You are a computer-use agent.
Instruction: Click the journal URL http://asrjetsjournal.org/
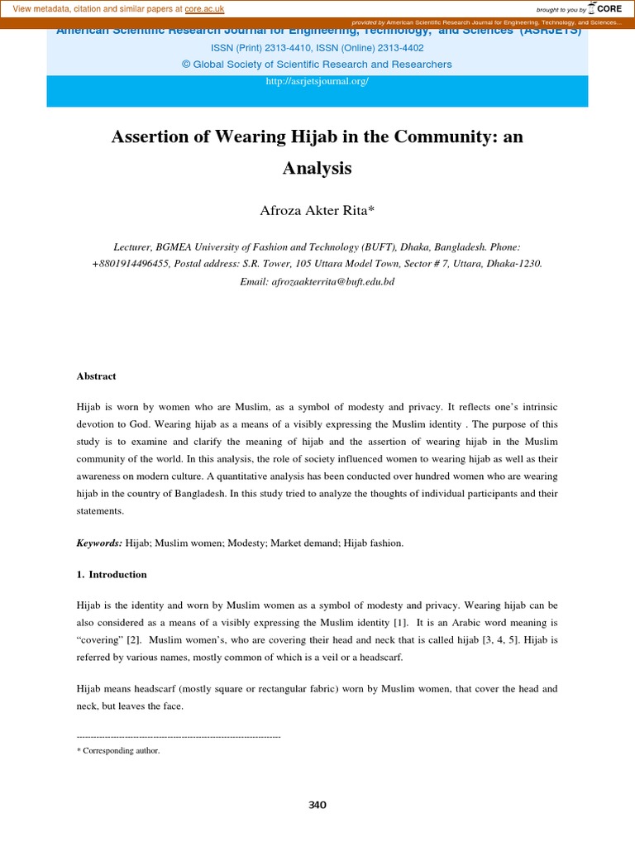(x=317, y=81)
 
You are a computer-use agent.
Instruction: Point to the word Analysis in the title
(x=317, y=169)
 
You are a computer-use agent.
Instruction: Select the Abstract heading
(x=96, y=376)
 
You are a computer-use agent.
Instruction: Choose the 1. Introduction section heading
(x=112, y=574)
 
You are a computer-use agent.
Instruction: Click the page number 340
(x=317, y=805)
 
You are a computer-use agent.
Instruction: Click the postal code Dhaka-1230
(x=513, y=264)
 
